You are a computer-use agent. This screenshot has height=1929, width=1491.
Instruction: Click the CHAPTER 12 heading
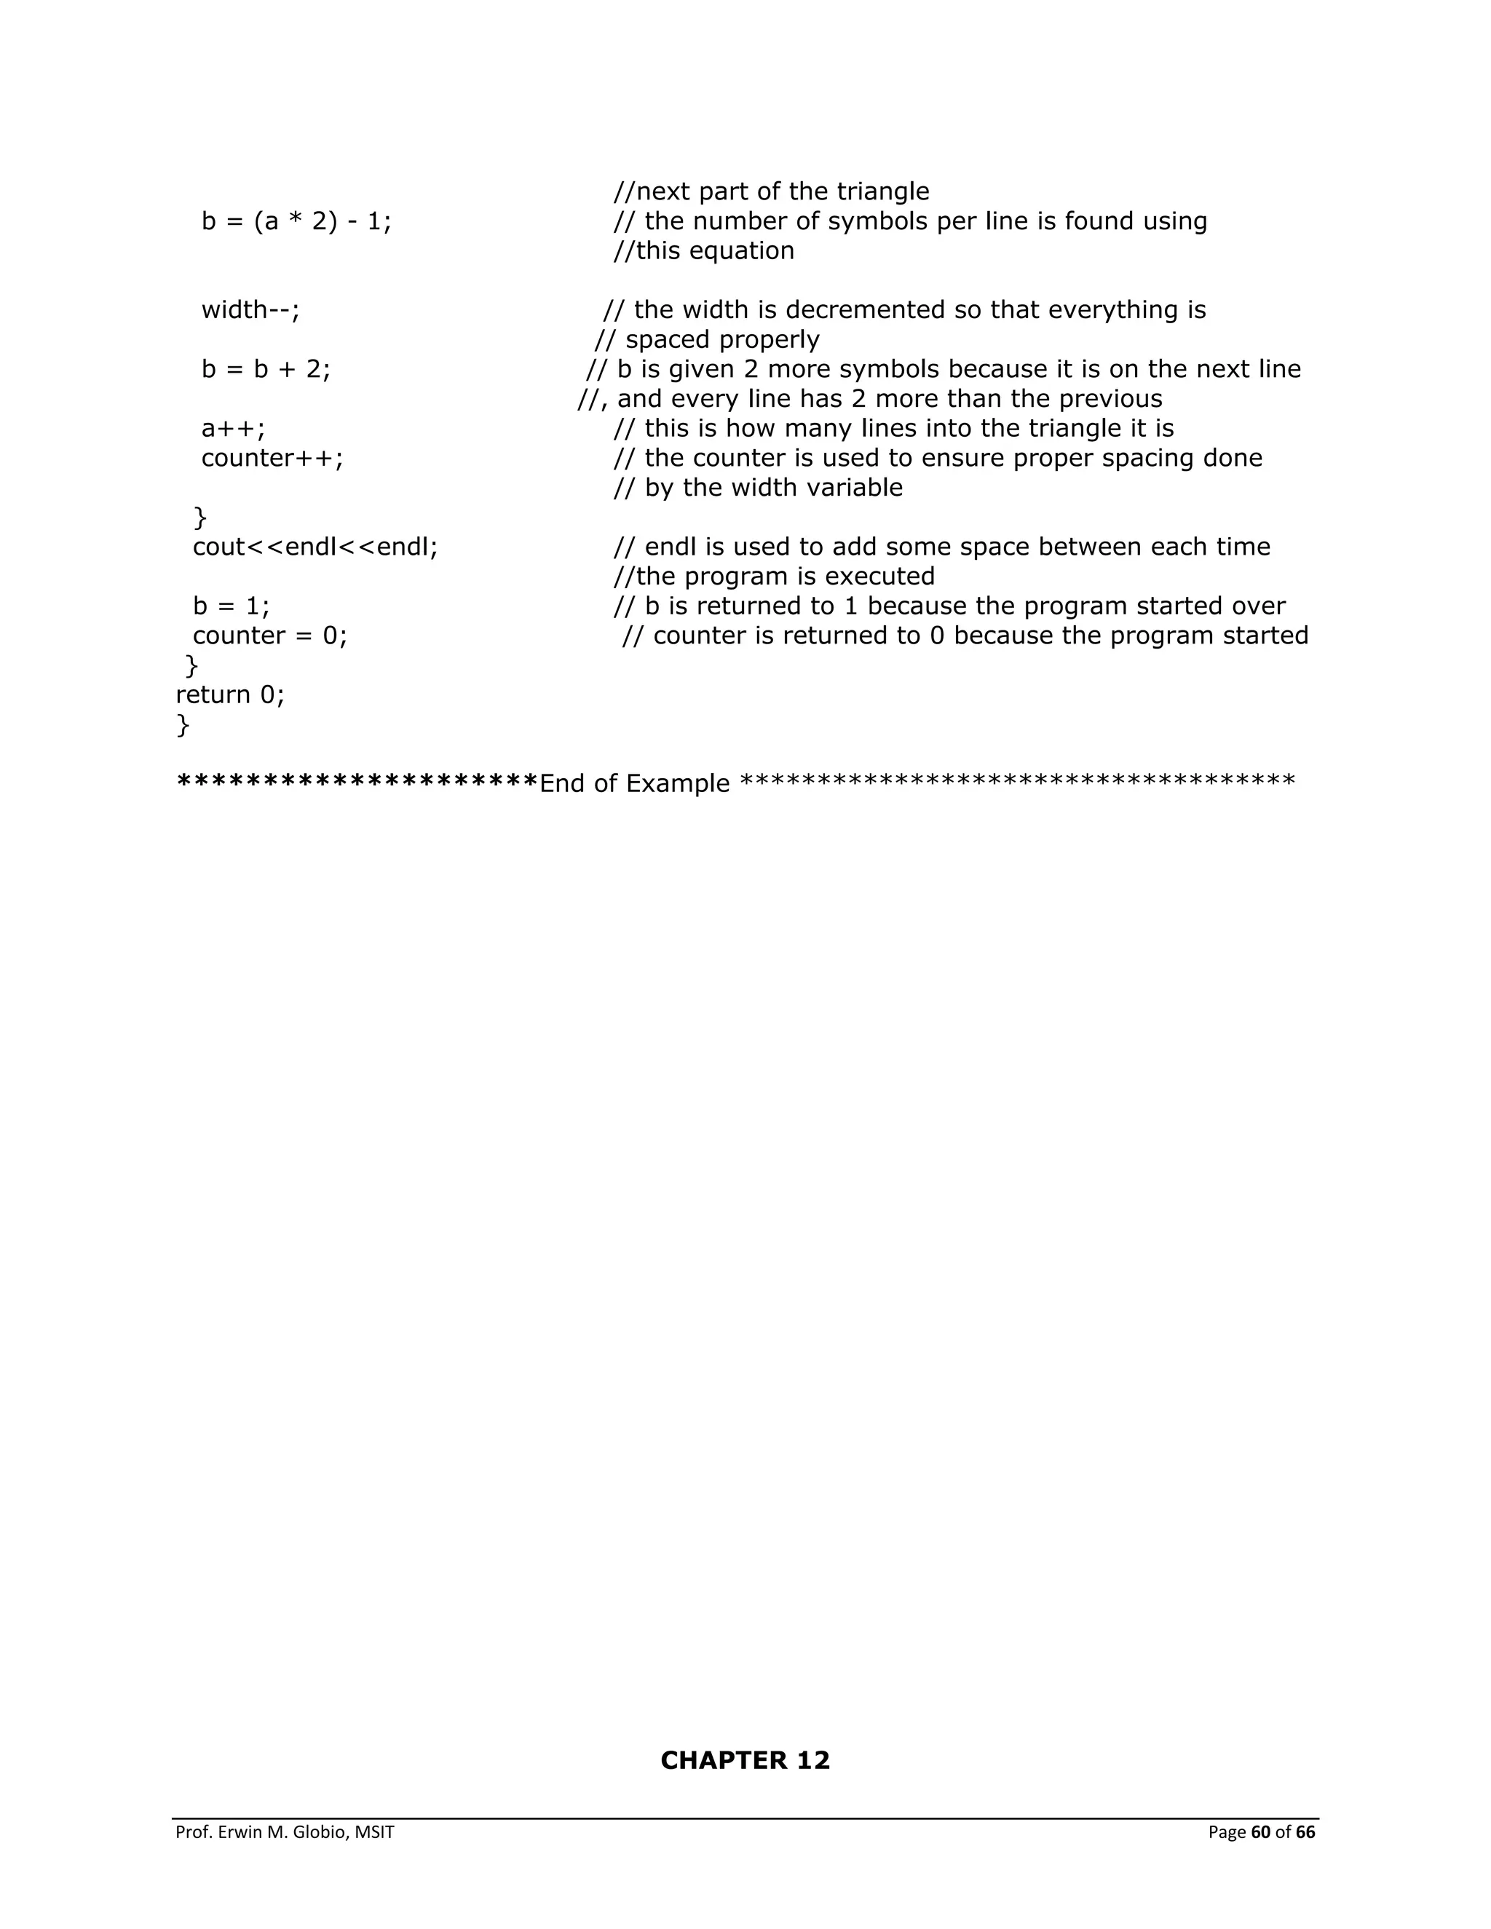pyautogui.click(x=745, y=1760)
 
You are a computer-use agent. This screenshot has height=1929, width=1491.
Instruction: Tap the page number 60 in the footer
pyautogui.click(x=1259, y=1832)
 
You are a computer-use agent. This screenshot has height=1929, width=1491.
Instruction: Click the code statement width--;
pyautogui.click(x=251, y=310)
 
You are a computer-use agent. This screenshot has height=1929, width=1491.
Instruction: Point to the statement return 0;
pyautogui.click(x=231, y=695)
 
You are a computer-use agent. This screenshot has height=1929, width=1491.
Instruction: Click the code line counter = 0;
pyautogui.click(x=270, y=636)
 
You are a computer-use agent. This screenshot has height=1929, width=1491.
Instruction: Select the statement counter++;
pyautogui.click(x=272, y=459)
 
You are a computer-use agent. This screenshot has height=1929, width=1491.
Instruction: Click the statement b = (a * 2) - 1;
pyautogui.click(x=297, y=221)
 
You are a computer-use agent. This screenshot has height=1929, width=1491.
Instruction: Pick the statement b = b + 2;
pyautogui.click(x=266, y=369)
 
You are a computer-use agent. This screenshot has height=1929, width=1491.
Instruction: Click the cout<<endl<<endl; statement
pyautogui.click(x=315, y=547)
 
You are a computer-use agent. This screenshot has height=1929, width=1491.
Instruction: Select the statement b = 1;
pyautogui.click(x=232, y=606)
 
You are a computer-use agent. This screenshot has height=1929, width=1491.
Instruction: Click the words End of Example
pyautogui.click(x=634, y=783)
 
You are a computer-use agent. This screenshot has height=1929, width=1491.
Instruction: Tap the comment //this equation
pyautogui.click(x=704, y=251)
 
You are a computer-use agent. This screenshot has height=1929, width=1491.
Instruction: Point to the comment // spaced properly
pyautogui.click(x=707, y=340)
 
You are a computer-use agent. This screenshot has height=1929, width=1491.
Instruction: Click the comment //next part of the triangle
pyautogui.click(x=771, y=191)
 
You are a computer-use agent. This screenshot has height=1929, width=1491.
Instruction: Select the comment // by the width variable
pyautogui.click(x=758, y=488)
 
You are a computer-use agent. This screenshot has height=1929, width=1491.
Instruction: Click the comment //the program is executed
pyautogui.click(x=774, y=577)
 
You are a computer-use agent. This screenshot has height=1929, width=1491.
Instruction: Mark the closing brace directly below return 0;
pyautogui.click(x=183, y=725)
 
